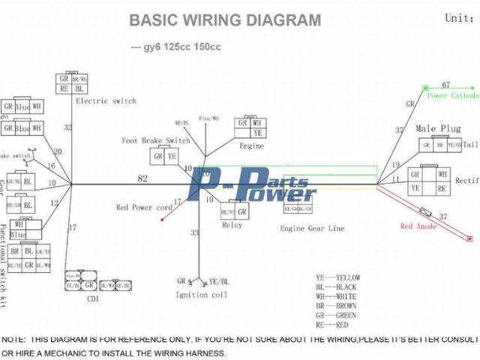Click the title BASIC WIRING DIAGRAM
(x=225, y=20)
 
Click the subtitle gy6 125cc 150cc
(x=176, y=47)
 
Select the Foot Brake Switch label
(x=156, y=141)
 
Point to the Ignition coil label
(x=200, y=295)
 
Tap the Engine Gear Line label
(x=312, y=228)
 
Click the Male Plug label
(x=438, y=129)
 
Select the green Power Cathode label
(x=453, y=96)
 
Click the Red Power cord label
(x=144, y=208)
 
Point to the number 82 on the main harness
(x=142, y=178)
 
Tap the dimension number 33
(x=194, y=233)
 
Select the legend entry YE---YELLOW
(x=338, y=277)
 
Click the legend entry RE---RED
(x=331, y=324)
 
